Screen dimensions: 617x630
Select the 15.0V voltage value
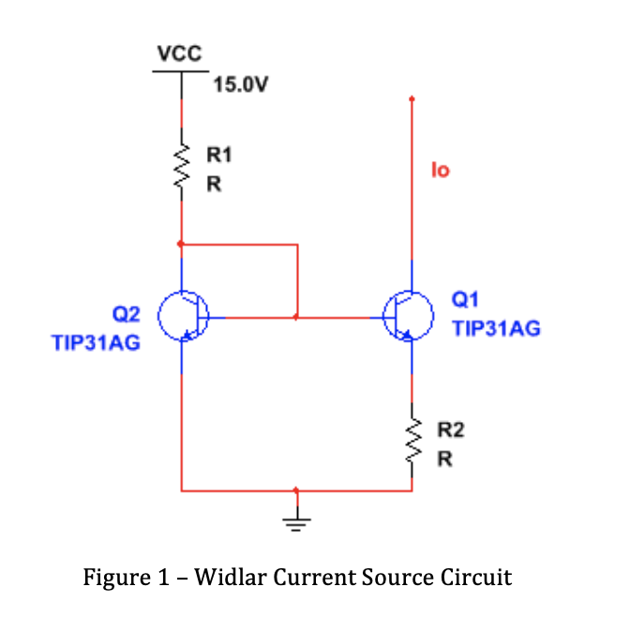coord(241,85)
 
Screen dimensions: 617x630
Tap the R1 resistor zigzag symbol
coord(181,169)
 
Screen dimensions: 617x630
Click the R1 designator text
coord(217,152)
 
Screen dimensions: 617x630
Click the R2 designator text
coord(452,430)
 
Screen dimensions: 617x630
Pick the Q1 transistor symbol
coord(410,318)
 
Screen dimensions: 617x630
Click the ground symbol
coord(296,521)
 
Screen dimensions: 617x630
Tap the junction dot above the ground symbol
coord(296,489)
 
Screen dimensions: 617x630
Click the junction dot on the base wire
coord(296,318)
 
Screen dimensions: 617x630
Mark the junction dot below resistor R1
coord(181,244)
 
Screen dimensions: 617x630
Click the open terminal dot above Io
coord(412,98)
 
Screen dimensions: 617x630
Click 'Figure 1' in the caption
coord(123,577)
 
